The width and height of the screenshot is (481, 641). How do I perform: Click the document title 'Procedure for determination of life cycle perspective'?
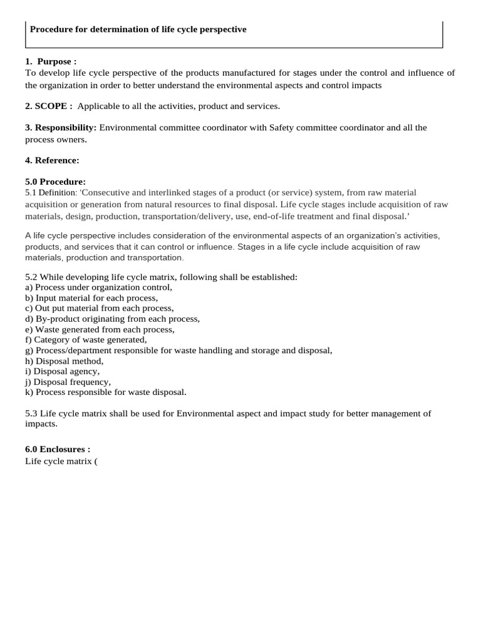pos(138,29)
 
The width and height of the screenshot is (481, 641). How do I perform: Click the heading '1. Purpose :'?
pos(51,61)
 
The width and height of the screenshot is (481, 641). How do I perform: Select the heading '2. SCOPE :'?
pos(49,106)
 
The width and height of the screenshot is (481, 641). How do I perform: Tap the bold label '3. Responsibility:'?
pos(61,128)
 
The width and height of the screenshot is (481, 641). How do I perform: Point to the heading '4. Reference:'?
pos(52,160)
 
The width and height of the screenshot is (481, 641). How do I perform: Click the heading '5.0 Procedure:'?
pos(55,182)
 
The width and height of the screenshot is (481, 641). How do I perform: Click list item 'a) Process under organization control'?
pos(98,287)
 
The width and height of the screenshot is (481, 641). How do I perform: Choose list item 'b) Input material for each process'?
pos(91,298)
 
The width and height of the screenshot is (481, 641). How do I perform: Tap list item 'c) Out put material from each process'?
pos(99,308)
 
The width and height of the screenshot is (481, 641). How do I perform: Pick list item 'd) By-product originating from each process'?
pos(112,319)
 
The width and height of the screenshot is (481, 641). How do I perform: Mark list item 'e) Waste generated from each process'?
pos(100,329)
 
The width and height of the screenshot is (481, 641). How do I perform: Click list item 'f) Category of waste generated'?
pos(86,340)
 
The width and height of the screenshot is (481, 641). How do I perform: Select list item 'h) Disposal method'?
pos(64,361)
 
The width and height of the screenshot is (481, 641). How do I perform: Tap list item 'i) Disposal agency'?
pos(62,371)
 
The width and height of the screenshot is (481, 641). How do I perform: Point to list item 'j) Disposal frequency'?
pos(68,382)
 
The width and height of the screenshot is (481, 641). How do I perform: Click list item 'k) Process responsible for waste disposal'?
pos(105,392)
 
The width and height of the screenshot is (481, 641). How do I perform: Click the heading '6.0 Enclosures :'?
pos(58,449)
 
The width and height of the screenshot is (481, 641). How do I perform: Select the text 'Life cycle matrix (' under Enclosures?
pos(61,461)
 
